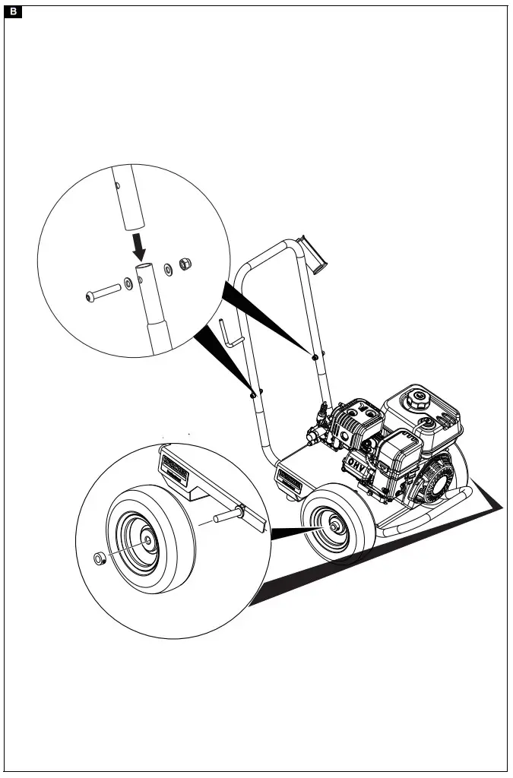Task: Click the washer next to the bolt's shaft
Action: coord(128,283)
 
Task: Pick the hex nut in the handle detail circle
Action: coord(183,264)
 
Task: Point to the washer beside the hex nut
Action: coord(168,269)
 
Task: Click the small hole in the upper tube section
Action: coord(117,184)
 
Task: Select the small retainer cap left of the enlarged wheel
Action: coord(98,559)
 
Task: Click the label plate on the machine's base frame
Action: coord(290,480)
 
